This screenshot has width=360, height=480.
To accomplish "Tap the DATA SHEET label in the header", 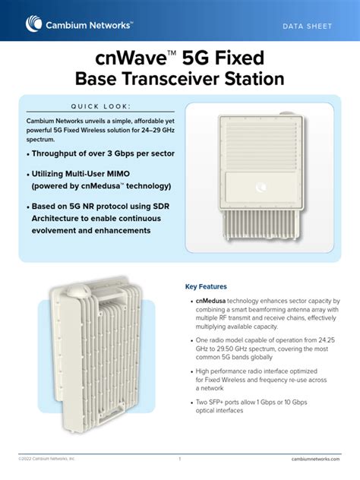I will [x=307, y=27].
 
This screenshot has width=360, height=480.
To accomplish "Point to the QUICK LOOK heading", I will [x=101, y=106].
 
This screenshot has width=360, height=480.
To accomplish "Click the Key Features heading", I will [x=206, y=286].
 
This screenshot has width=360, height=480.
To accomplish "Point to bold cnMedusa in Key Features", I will [x=210, y=302].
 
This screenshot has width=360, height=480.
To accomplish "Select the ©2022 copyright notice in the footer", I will [x=47, y=459].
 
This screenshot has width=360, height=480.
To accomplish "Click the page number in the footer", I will [x=180, y=459].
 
